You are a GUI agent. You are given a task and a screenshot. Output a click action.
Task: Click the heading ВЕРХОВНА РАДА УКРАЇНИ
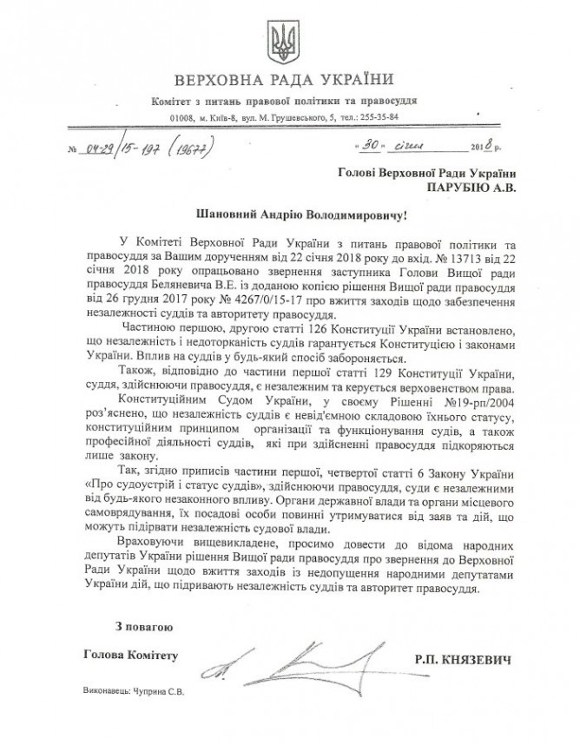tap(289, 83)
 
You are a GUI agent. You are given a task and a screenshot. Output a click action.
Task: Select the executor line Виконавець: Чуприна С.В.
tap(130, 692)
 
